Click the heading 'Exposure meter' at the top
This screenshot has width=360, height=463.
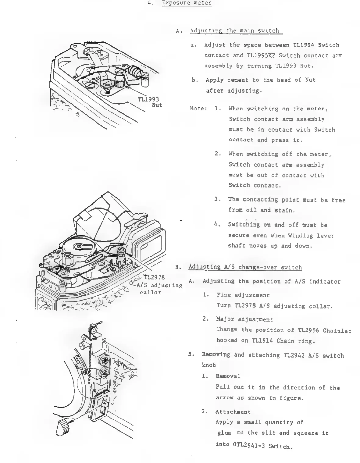[x=187, y=3]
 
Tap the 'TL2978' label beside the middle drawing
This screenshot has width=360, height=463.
[x=154, y=277]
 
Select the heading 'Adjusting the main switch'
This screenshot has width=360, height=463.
[x=234, y=30]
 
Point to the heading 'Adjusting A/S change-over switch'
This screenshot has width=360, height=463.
[x=245, y=267]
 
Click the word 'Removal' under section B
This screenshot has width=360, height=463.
[x=228, y=376]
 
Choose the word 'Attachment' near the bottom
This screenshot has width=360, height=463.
[x=233, y=412]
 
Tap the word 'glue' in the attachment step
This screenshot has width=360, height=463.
[x=224, y=433]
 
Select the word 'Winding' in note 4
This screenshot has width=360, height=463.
[x=301, y=236]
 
